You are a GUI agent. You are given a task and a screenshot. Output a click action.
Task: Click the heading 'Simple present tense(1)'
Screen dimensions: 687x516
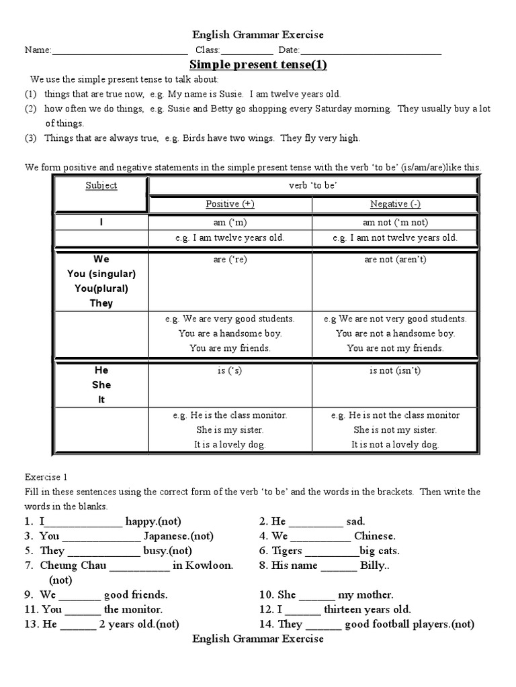tap(258, 65)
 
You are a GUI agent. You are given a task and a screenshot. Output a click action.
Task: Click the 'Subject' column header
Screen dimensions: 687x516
tap(101, 186)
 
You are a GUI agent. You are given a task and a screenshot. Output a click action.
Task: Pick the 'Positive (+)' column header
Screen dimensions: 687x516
tap(230, 204)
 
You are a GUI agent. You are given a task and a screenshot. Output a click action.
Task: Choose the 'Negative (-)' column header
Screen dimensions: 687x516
tap(395, 204)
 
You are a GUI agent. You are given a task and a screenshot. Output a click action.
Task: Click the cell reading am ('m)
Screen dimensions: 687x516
tap(230, 223)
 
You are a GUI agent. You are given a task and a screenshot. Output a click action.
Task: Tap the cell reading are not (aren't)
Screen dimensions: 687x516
tap(395, 260)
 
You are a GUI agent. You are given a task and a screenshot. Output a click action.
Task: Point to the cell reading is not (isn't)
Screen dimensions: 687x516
tap(395, 370)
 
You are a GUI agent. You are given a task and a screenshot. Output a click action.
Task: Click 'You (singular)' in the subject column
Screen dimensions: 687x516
tap(101, 274)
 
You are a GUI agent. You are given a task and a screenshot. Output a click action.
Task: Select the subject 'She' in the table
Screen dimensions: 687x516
tap(101, 385)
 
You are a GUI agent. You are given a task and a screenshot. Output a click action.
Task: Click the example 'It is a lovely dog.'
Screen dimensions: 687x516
tap(230, 444)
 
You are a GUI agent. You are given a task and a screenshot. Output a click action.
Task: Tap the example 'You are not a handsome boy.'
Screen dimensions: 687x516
tap(395, 333)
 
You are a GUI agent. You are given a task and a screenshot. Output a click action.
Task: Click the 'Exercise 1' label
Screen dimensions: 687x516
tap(46, 478)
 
